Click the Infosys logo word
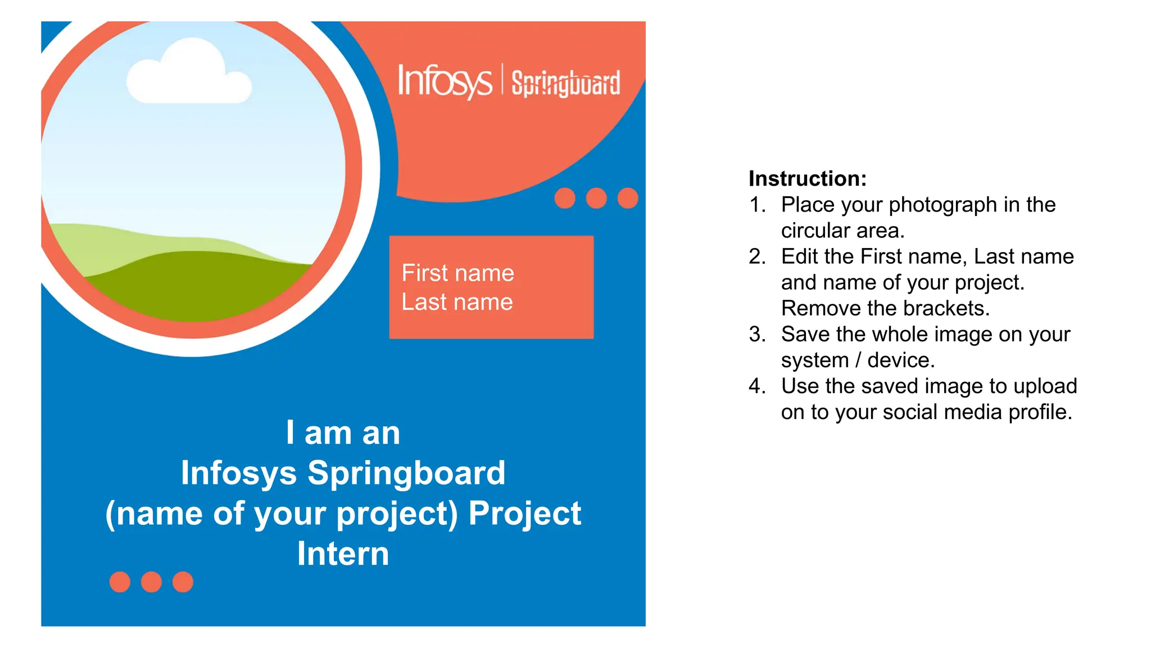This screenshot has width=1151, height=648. [444, 81]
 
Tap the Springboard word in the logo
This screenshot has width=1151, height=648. [565, 83]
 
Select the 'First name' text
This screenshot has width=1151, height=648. [457, 273]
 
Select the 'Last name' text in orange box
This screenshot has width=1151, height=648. [457, 303]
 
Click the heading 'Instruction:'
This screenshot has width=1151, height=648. [807, 179]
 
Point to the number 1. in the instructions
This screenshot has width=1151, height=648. [757, 205]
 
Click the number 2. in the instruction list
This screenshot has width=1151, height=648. [757, 256]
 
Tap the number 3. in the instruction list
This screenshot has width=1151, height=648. [757, 334]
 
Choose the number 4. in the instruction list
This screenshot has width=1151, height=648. [757, 386]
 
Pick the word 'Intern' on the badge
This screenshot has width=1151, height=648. [343, 553]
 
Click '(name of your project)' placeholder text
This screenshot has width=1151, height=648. [282, 514]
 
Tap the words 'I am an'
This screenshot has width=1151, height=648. [343, 433]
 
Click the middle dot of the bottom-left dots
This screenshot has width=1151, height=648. [151, 582]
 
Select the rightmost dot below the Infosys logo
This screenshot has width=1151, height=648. [627, 198]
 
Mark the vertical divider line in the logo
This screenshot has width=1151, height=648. [502, 80]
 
